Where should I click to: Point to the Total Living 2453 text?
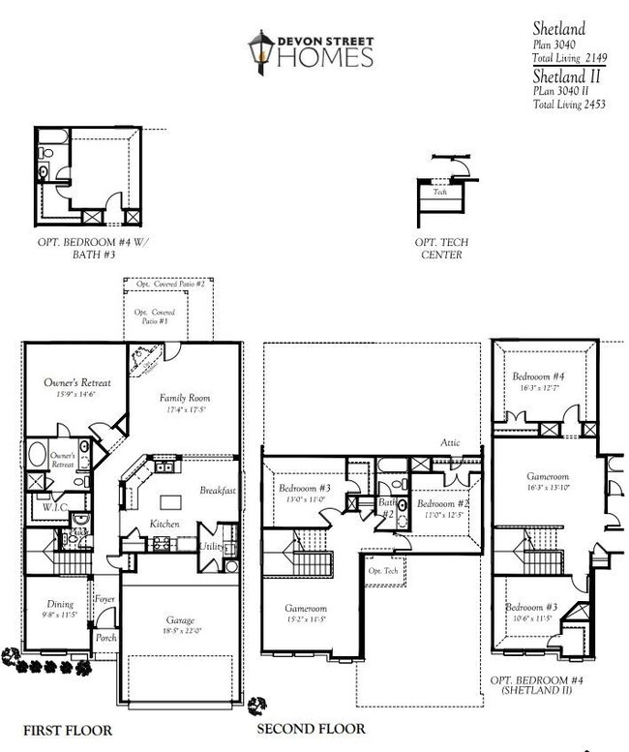coord(569,105)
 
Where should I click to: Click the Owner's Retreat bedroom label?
coord(77,383)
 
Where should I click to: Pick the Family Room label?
coord(185,398)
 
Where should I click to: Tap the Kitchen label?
coord(165,524)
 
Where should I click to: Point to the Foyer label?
coord(105,600)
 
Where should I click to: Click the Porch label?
coord(105,638)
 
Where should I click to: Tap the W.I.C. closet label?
coord(52,505)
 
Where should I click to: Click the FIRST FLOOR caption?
coord(68,731)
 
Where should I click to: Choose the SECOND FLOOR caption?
coord(311,729)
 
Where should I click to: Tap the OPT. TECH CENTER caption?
coord(442,249)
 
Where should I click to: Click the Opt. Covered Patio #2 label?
coord(170,284)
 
